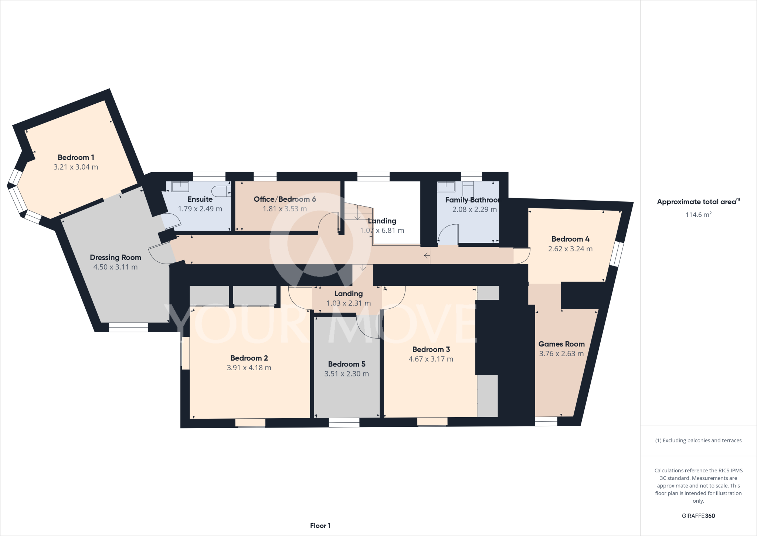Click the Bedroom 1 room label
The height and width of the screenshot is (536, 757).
pyautogui.click(x=76, y=157)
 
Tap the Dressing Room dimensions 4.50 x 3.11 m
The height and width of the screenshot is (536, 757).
pyautogui.click(x=115, y=267)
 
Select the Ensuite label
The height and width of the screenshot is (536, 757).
pyautogui.click(x=200, y=199)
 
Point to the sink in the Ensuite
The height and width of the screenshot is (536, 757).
pyautogui.click(x=180, y=186)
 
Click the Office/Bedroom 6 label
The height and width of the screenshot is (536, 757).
pyautogui.click(x=285, y=199)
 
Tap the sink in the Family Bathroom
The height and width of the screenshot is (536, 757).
pyautogui.click(x=446, y=186)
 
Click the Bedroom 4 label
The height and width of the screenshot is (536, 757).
pyautogui.click(x=570, y=239)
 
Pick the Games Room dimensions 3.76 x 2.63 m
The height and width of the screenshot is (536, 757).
pyautogui.click(x=561, y=354)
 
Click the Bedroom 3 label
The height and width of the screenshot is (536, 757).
pyautogui.click(x=431, y=349)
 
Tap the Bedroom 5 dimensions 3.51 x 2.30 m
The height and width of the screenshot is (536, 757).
pyautogui.click(x=346, y=374)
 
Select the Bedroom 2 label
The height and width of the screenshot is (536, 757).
pyautogui.click(x=249, y=358)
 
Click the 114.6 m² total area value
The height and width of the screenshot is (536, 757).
pyautogui.click(x=698, y=215)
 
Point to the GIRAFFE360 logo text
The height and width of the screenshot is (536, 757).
pyautogui.click(x=698, y=516)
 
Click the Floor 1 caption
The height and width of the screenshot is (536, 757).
pyautogui.click(x=320, y=526)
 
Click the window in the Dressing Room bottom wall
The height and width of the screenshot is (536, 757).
pyautogui.click(x=128, y=327)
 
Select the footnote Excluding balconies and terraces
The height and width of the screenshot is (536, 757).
pyautogui.click(x=698, y=440)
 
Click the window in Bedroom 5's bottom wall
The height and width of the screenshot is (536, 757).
pyautogui.click(x=344, y=422)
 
